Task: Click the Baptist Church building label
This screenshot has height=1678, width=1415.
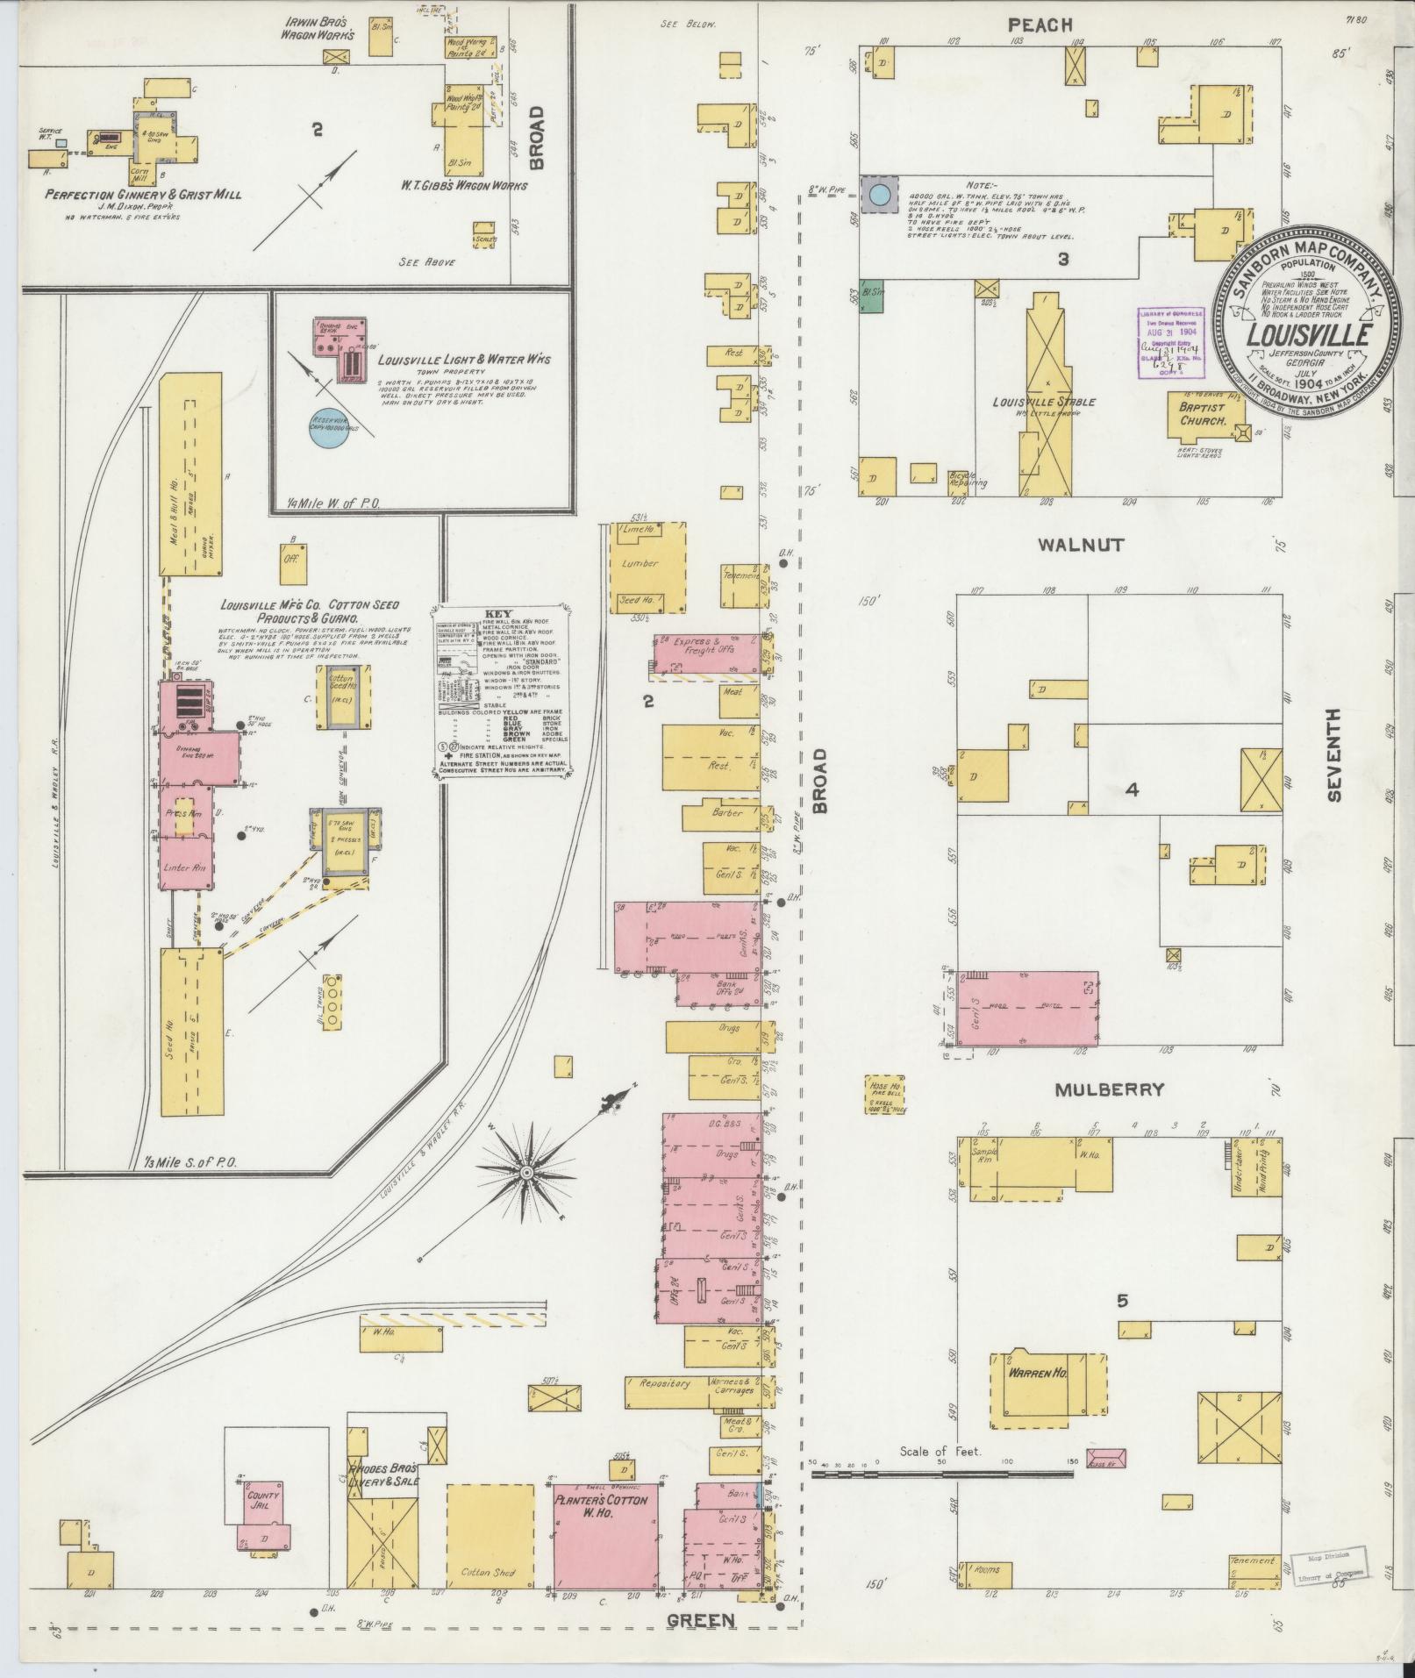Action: (1201, 414)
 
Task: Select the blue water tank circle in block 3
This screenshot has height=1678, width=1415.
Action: (879, 193)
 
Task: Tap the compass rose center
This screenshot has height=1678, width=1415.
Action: (526, 1173)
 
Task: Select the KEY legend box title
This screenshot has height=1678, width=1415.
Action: (497, 615)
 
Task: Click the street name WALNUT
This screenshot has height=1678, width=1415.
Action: (1081, 545)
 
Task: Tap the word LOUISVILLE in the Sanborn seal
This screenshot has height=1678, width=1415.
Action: (1310, 335)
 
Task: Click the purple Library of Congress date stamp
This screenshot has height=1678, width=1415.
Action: (1170, 343)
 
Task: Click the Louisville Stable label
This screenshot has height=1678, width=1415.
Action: (1043, 403)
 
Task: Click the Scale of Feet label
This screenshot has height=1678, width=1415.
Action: (940, 1452)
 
